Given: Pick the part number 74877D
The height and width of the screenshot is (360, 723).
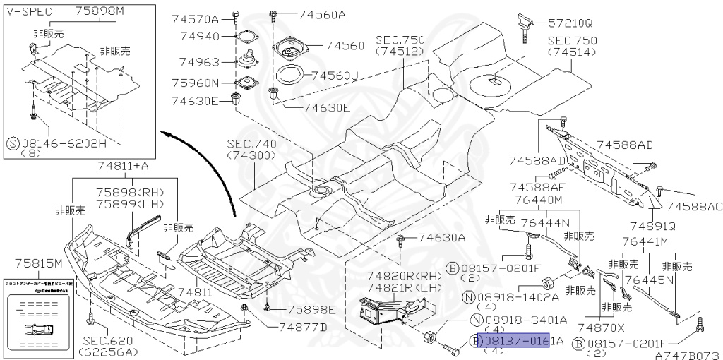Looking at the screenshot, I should [x=303, y=327].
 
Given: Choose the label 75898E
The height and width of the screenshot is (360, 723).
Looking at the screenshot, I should [x=311, y=309].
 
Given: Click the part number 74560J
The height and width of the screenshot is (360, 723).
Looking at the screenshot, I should [x=335, y=75].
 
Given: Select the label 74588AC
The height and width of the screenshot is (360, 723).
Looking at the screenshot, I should [x=695, y=206].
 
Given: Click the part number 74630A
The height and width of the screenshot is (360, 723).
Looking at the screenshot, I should [x=441, y=238].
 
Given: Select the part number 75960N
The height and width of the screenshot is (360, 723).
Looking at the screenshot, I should [x=195, y=83].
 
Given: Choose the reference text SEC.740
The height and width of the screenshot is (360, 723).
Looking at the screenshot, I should [x=252, y=143].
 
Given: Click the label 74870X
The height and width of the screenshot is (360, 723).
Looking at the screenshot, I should [x=601, y=328].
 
